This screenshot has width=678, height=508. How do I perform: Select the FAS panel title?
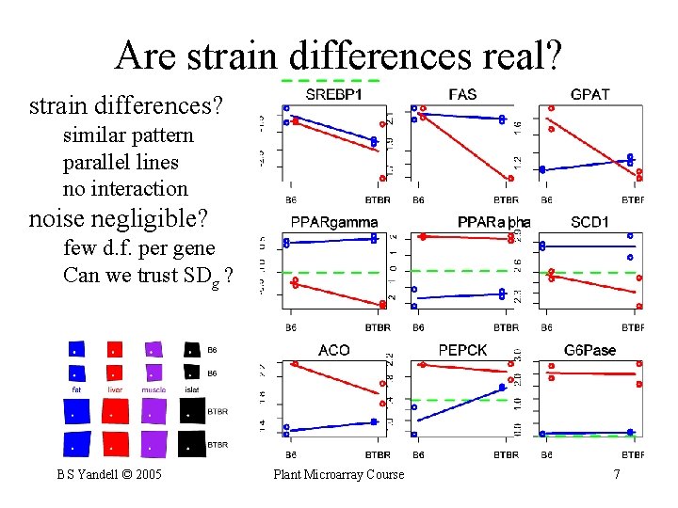click(x=462, y=94)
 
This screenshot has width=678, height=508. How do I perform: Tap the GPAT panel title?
click(x=589, y=94)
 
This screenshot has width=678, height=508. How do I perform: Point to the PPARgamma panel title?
click(x=333, y=222)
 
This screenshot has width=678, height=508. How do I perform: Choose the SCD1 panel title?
click(x=589, y=222)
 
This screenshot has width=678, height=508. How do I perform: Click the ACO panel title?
click(x=333, y=350)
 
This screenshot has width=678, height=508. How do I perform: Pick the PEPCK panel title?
click(x=462, y=350)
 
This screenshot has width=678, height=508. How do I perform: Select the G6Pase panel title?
click(x=589, y=350)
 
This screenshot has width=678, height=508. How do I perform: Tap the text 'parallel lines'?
click(x=121, y=162)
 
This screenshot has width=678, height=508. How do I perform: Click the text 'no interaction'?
click(x=125, y=188)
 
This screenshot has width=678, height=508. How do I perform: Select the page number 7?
click(x=617, y=474)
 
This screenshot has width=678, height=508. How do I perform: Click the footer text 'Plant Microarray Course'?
click(x=338, y=474)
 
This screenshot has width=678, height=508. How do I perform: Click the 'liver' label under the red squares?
click(x=114, y=389)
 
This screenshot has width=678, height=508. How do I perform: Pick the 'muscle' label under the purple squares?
click(x=153, y=389)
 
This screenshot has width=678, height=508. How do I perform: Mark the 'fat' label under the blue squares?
click(x=78, y=389)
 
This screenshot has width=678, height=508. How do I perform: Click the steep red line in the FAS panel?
click(x=466, y=147)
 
